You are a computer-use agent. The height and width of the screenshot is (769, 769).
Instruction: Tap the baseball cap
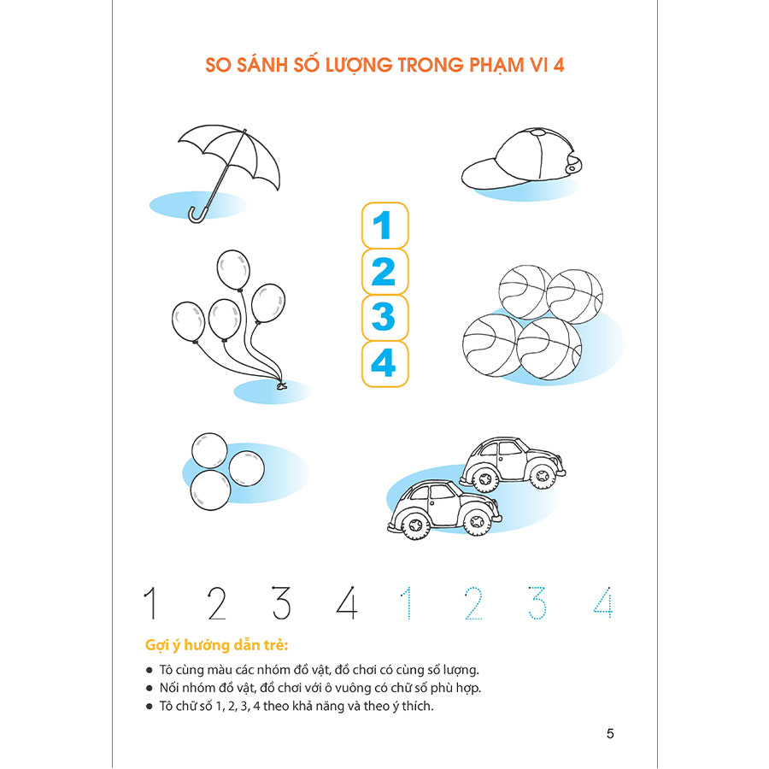tap(521, 158)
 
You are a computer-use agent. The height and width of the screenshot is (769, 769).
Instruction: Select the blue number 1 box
tap(385, 226)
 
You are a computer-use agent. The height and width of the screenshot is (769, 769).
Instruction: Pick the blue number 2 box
tap(385, 272)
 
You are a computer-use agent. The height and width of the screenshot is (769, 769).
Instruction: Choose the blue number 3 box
tap(385, 318)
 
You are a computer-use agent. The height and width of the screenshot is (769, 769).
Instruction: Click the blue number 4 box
tap(385, 364)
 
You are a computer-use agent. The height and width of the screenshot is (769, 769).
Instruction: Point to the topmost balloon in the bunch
tap(233, 270)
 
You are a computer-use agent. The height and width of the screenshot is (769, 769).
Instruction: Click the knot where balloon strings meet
tap(280, 385)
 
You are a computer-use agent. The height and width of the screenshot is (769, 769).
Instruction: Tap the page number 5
tap(610, 734)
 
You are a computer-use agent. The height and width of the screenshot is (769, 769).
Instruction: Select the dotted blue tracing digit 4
tap(603, 602)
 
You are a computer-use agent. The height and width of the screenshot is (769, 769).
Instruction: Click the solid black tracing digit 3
tap(281, 602)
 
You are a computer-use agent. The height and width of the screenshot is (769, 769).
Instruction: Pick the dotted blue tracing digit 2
tap(473, 602)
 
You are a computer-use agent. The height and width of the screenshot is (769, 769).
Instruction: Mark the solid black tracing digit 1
tap(151, 602)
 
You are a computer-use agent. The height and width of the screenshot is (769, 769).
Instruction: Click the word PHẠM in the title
tap(496, 65)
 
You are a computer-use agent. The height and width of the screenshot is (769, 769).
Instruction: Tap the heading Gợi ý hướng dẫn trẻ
tap(216, 645)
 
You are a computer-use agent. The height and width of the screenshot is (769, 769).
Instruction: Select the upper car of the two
tap(513, 463)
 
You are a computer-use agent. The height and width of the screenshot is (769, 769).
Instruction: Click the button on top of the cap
tap(538, 132)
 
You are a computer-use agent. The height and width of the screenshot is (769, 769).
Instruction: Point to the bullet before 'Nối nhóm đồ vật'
tap(149, 688)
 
